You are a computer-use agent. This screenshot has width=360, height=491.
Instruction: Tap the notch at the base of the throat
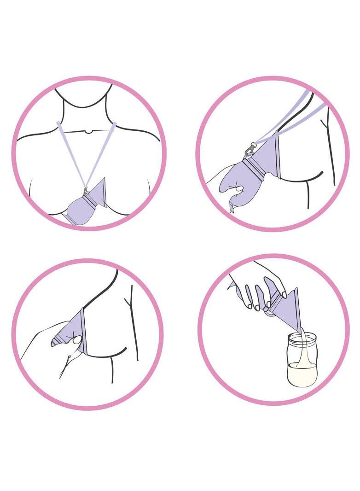click(87, 132)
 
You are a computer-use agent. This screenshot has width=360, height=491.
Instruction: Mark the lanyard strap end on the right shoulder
click(114, 124)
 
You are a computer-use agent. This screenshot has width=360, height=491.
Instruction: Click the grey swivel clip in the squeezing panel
click(250, 149)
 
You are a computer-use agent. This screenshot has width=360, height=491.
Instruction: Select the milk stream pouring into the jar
click(301, 350)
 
